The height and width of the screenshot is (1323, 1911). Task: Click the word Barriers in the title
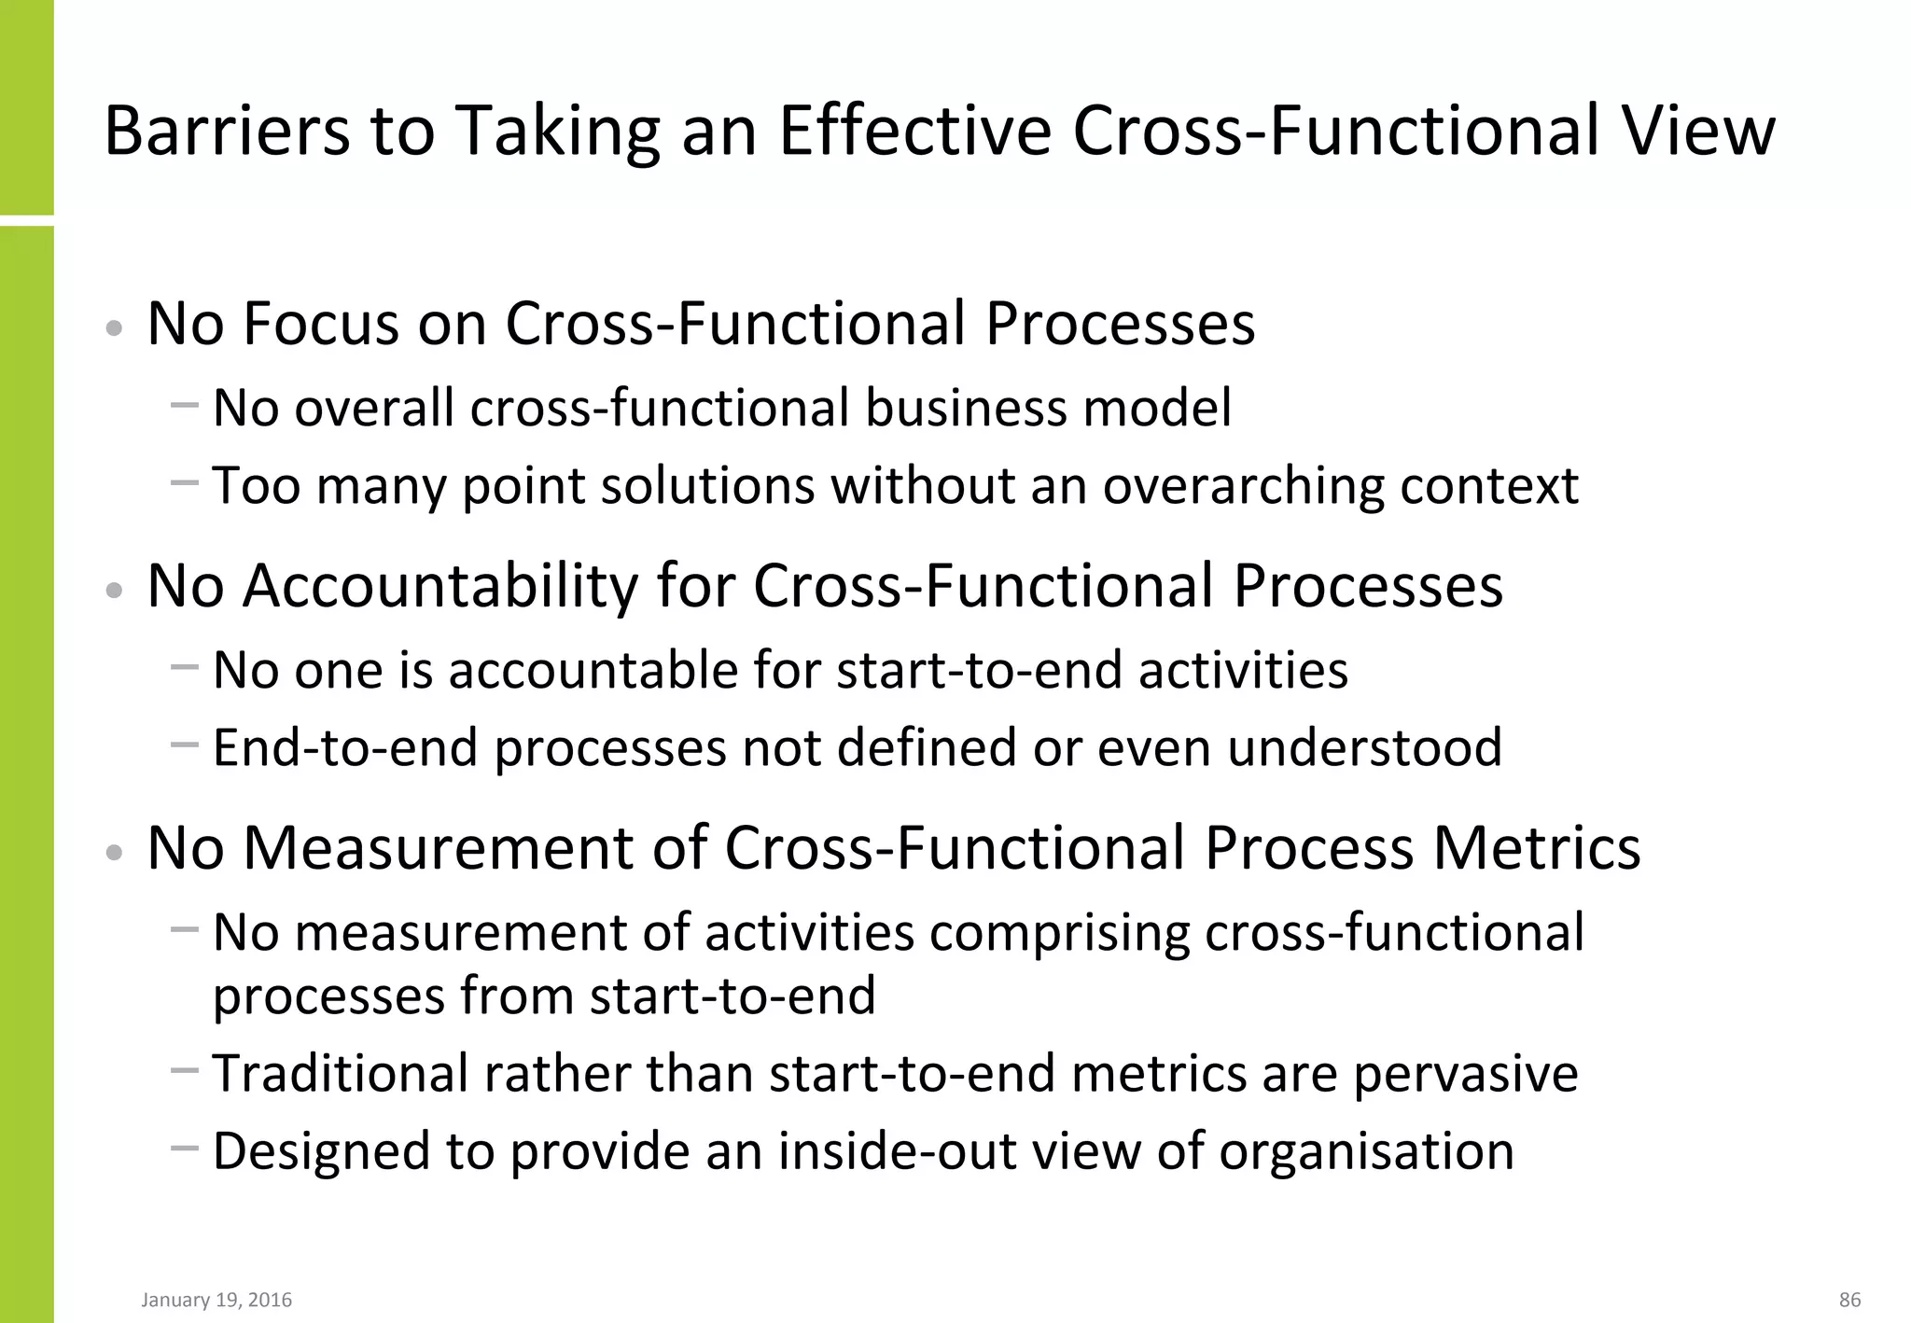(227, 131)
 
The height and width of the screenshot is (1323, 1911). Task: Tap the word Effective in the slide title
(914, 131)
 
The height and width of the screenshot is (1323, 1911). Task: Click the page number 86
(1849, 1300)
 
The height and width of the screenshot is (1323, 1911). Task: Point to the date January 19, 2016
(216, 1300)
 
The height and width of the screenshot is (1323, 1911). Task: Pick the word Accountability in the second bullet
(440, 586)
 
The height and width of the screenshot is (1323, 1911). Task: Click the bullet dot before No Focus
(115, 328)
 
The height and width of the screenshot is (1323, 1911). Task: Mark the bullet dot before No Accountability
(115, 591)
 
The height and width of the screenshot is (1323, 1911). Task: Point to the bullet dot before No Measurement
(115, 853)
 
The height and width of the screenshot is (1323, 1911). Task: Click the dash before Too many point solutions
(185, 482)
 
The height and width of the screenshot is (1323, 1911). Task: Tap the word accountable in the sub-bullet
(593, 670)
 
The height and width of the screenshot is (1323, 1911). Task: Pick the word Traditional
(341, 1073)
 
